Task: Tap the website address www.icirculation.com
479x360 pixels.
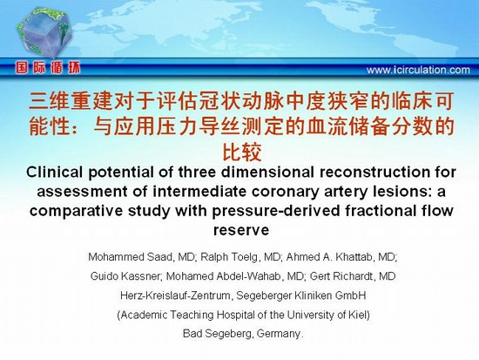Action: click(418, 70)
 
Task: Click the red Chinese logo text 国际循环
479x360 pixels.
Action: click(48, 68)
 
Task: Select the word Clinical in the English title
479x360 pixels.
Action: click(54, 173)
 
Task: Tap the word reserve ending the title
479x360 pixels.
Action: click(241, 230)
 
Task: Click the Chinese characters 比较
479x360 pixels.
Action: click(241, 152)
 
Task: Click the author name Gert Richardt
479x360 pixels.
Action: click(342, 276)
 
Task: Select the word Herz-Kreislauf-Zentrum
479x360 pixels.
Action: click(175, 295)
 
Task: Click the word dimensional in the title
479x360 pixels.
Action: click(267, 173)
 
